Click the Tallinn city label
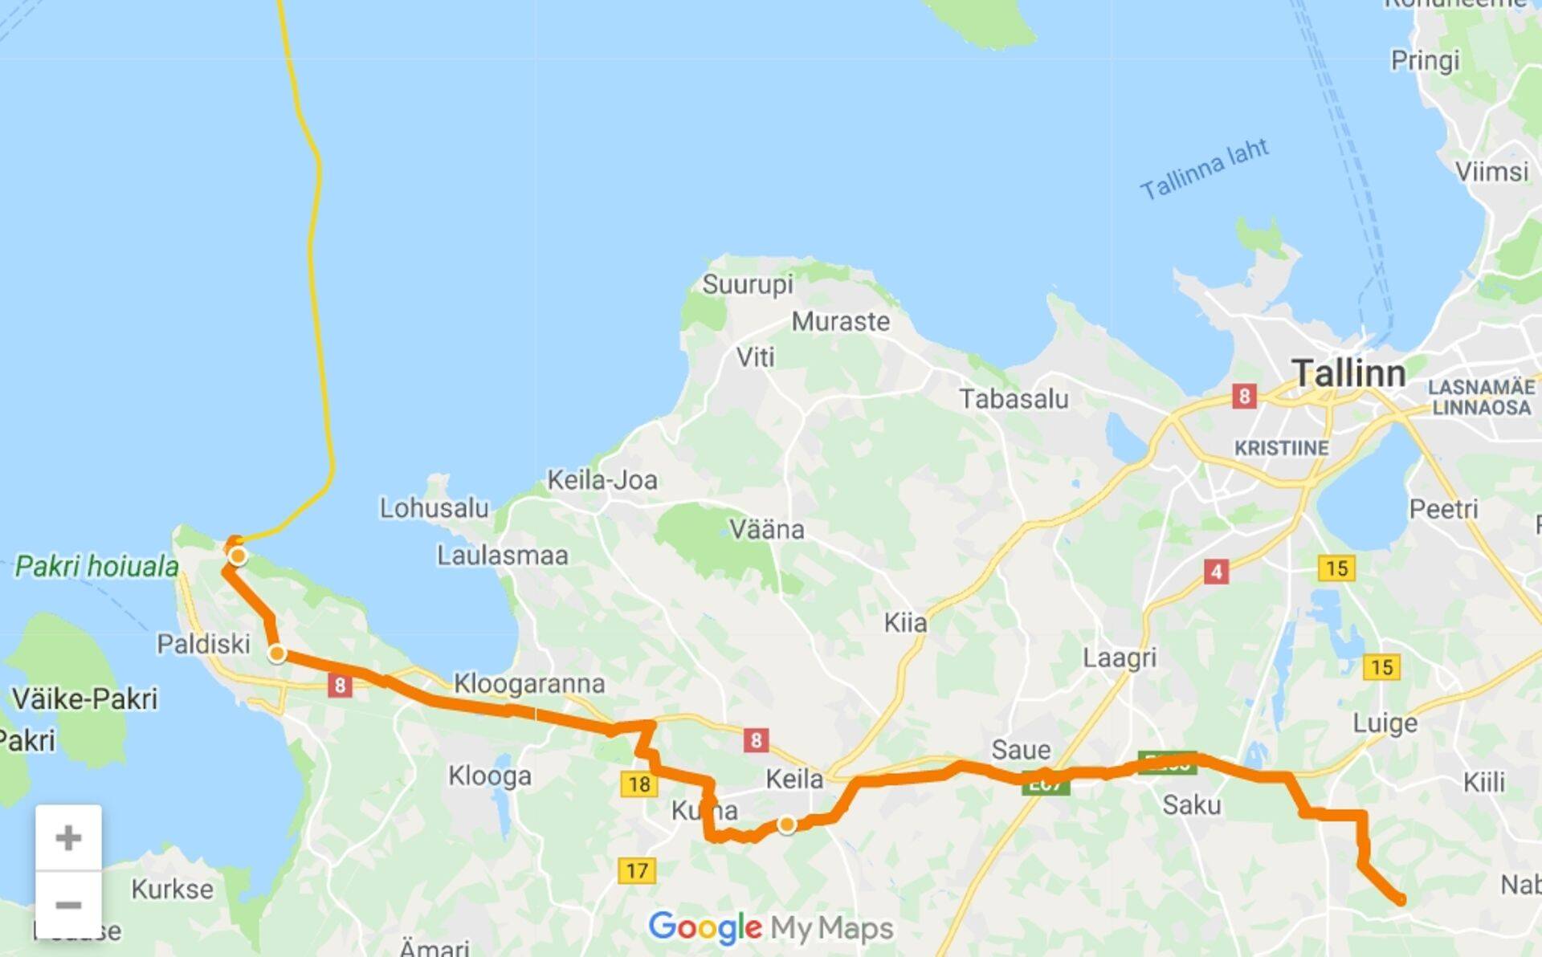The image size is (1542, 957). (1348, 374)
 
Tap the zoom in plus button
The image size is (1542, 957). (68, 837)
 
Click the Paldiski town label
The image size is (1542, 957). (203, 644)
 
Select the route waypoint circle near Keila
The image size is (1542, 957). (787, 825)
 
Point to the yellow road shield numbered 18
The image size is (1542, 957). (638, 784)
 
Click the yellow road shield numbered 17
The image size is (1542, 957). (637, 870)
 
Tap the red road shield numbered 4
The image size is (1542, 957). (1216, 572)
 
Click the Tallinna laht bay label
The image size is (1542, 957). (1204, 169)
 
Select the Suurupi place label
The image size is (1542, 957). (747, 284)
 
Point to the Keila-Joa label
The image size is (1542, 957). (602, 480)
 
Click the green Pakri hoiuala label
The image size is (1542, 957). (97, 567)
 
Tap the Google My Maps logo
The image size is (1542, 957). (770, 928)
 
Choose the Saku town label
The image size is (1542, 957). (1191, 804)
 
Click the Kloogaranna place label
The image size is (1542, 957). (529, 684)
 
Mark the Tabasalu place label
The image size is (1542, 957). (1014, 399)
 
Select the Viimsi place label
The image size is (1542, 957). (1491, 172)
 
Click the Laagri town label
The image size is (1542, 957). (1120, 658)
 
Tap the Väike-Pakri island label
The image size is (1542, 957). (85, 698)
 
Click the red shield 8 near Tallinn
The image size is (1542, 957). (1244, 396)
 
